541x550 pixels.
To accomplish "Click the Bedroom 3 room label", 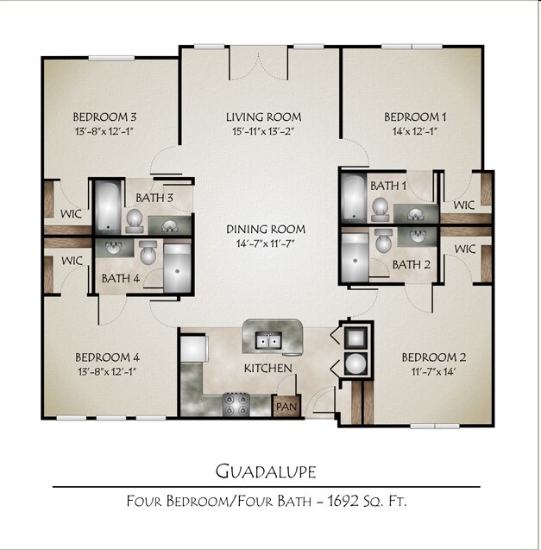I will pos(105,117).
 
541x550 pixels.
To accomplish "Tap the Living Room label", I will pos(264,117).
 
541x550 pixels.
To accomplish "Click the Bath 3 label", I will pos(157,199).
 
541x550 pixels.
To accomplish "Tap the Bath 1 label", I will pos(388,186).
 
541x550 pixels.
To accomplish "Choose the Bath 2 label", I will pos(412,264).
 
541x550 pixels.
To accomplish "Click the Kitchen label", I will pos(267,369).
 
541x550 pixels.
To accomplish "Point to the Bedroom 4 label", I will pos(107,357).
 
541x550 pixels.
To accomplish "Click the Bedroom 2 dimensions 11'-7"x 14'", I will pos(434,372).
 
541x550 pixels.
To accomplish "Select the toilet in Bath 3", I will pos(135,222).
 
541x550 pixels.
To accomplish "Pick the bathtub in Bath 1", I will pos(355,198).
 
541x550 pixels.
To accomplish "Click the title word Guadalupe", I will pos(265,471).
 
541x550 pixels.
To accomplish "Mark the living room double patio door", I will pos(259,63).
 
